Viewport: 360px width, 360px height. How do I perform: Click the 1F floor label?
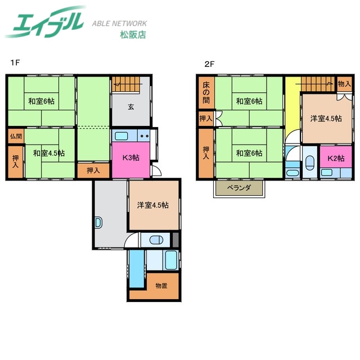[15, 62]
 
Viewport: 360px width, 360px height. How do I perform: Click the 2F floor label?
[209, 64]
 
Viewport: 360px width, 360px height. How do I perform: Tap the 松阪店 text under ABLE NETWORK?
[133, 35]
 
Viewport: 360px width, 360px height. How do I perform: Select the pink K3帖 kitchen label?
[130, 157]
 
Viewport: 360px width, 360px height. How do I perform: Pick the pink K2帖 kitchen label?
[336, 158]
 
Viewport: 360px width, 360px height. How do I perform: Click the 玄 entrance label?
[131, 107]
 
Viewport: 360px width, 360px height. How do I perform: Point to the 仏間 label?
[16, 136]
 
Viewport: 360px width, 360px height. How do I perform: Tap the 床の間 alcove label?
[206, 93]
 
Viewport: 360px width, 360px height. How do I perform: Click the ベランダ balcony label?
[238, 188]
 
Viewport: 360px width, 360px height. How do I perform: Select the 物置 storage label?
[161, 286]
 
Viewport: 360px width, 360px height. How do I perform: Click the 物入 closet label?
[344, 84]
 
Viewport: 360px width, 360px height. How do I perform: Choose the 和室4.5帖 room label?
[49, 153]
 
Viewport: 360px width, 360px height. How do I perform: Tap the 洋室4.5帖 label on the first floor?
[153, 205]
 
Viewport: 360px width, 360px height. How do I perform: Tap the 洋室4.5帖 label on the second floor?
[326, 119]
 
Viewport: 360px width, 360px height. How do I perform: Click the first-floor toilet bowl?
[156, 240]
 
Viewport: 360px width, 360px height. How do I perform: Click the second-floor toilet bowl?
[310, 163]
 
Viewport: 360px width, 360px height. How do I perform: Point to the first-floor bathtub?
[171, 260]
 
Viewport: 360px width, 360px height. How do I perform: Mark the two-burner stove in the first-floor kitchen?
[144, 136]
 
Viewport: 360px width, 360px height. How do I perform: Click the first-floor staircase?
[126, 84]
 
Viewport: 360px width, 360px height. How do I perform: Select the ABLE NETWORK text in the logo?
[119, 24]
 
